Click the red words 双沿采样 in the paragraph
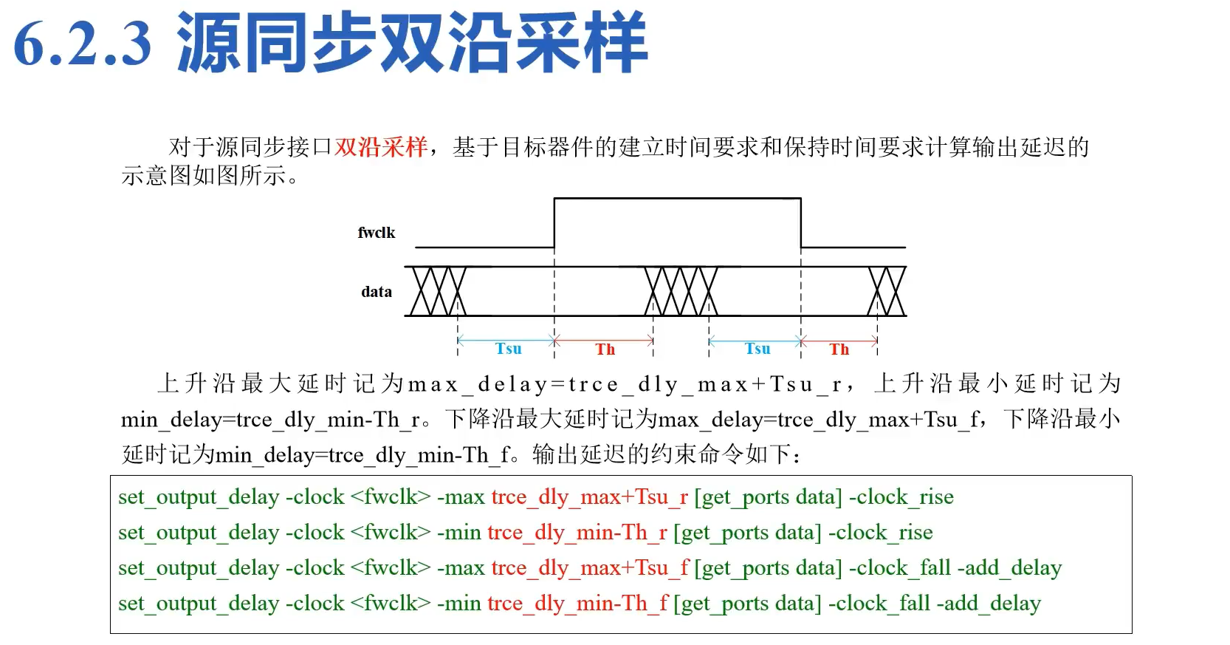point(380,147)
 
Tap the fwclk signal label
point(377,233)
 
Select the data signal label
point(377,292)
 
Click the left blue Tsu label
point(508,349)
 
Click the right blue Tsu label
point(757,349)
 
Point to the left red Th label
point(605,349)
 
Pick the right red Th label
point(839,349)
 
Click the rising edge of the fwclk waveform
point(554,222)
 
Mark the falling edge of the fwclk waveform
point(801,222)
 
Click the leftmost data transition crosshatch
point(439,291)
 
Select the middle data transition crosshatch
point(681,291)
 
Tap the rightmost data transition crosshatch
point(887,291)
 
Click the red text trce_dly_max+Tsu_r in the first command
point(589,497)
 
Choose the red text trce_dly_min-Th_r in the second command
point(577,533)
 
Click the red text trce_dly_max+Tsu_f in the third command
point(590,568)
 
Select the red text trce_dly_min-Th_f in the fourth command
point(577,604)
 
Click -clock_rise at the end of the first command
point(901,497)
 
